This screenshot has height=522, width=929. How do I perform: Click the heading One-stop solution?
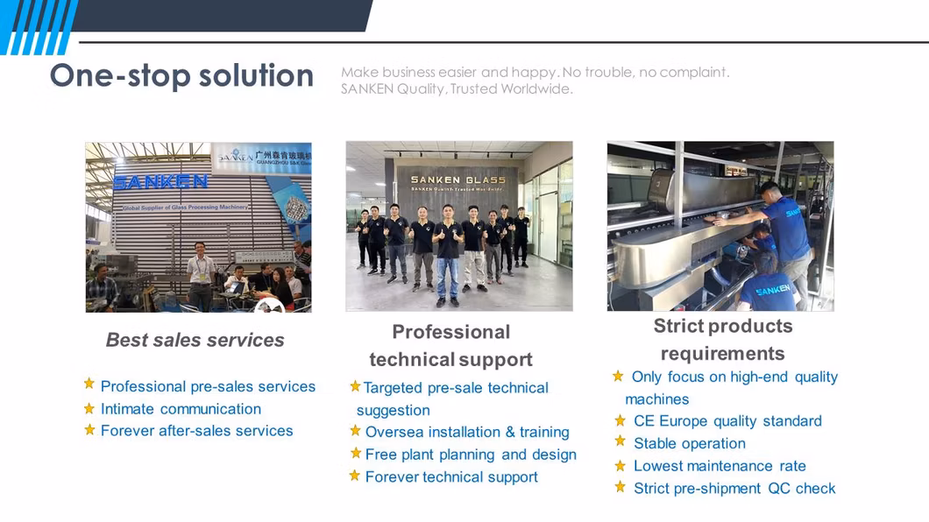click(x=181, y=75)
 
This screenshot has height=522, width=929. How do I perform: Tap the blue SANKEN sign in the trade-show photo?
click(x=160, y=181)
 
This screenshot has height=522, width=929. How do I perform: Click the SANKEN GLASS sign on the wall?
click(x=458, y=180)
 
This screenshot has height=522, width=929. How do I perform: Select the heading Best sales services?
click(x=195, y=340)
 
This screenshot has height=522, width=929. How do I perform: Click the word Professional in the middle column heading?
click(x=450, y=332)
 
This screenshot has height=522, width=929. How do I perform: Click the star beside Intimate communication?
click(x=89, y=408)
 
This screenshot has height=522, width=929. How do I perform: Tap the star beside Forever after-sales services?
click(x=89, y=430)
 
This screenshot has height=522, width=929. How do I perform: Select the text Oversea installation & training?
click(x=467, y=432)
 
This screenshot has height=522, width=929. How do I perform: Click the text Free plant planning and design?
click(x=471, y=455)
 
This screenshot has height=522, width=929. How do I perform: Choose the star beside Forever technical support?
click(x=355, y=476)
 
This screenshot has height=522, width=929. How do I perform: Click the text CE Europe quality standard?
click(x=727, y=420)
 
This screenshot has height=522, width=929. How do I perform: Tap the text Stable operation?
click(x=690, y=443)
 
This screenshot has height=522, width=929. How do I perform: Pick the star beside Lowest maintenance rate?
click(x=621, y=466)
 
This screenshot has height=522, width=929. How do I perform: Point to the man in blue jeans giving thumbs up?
click(x=448, y=256)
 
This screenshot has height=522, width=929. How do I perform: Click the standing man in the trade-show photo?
click(x=200, y=275)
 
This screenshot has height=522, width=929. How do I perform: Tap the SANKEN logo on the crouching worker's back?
click(x=773, y=290)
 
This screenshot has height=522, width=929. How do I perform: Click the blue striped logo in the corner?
click(x=38, y=27)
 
